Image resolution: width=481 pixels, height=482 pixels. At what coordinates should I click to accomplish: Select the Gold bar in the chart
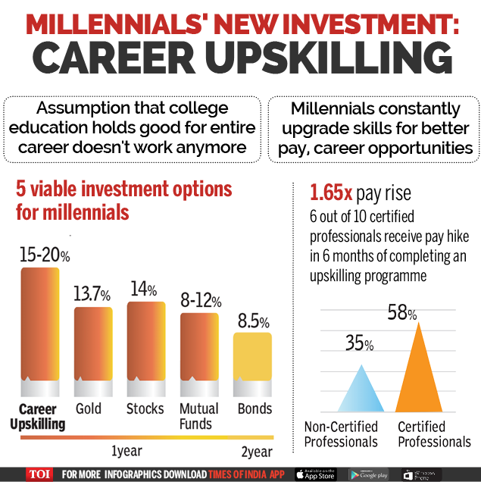click(92, 345)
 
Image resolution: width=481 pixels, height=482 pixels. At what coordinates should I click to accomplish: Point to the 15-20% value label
click(44, 254)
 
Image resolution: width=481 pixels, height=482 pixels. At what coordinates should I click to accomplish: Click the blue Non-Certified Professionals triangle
click(362, 393)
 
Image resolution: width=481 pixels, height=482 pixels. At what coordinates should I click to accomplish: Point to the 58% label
click(402, 311)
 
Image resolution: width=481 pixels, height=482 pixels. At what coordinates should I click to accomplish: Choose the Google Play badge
click(369, 474)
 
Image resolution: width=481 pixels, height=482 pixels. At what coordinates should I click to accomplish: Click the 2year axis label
click(257, 452)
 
